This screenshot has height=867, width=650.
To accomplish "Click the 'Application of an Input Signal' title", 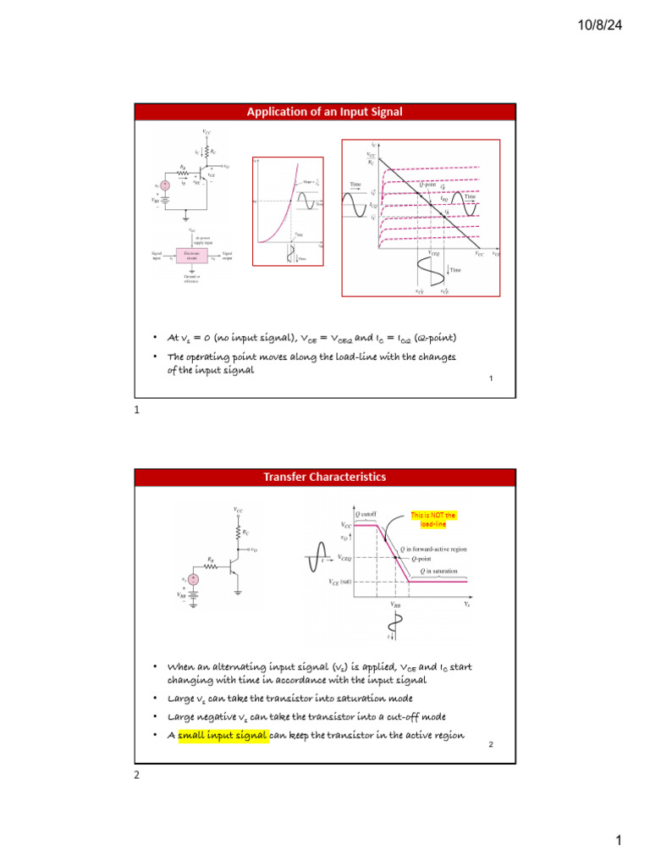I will [x=324, y=113].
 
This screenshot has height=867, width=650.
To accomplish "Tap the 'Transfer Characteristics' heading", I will [x=324, y=477].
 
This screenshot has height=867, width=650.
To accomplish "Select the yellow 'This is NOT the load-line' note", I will [x=432, y=519].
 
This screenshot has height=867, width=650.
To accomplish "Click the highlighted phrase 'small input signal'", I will [x=222, y=735].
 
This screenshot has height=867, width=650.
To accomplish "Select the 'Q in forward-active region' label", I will [x=449, y=548].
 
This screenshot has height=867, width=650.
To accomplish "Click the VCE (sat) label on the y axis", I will [x=340, y=583].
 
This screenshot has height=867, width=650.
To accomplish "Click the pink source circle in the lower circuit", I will [x=193, y=578].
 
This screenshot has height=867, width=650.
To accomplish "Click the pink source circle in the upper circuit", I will [x=165, y=185].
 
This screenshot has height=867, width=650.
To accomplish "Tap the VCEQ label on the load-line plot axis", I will [x=433, y=253].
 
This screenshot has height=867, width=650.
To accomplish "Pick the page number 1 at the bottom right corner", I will [x=619, y=841].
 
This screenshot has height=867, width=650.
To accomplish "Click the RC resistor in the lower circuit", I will [x=240, y=533].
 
